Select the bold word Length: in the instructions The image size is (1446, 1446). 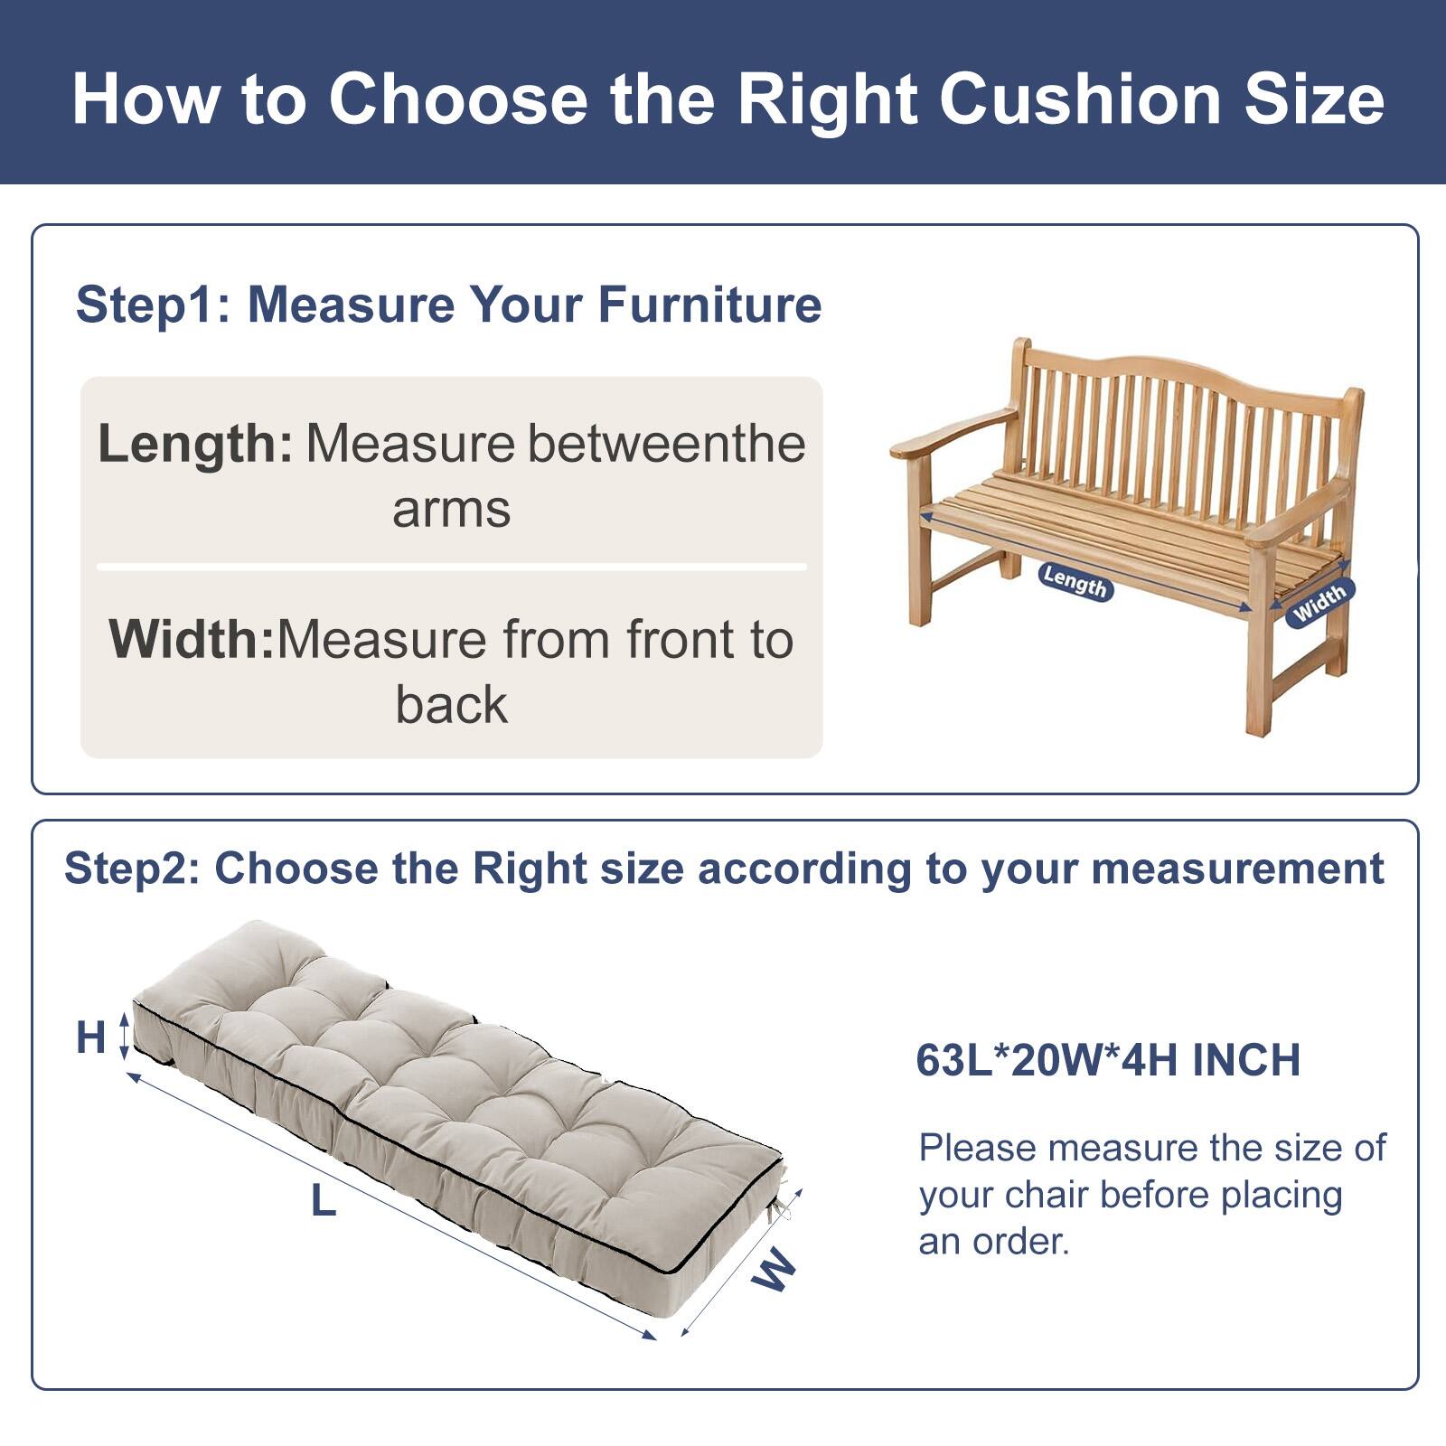click(194, 444)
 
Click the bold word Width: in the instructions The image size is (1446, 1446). click(191, 639)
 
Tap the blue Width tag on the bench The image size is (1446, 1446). click(1319, 601)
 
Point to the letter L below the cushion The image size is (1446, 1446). click(323, 1201)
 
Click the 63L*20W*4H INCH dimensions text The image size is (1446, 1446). click(1108, 1060)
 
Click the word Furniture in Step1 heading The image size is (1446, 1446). click(709, 304)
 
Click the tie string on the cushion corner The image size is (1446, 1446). click(784, 1206)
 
